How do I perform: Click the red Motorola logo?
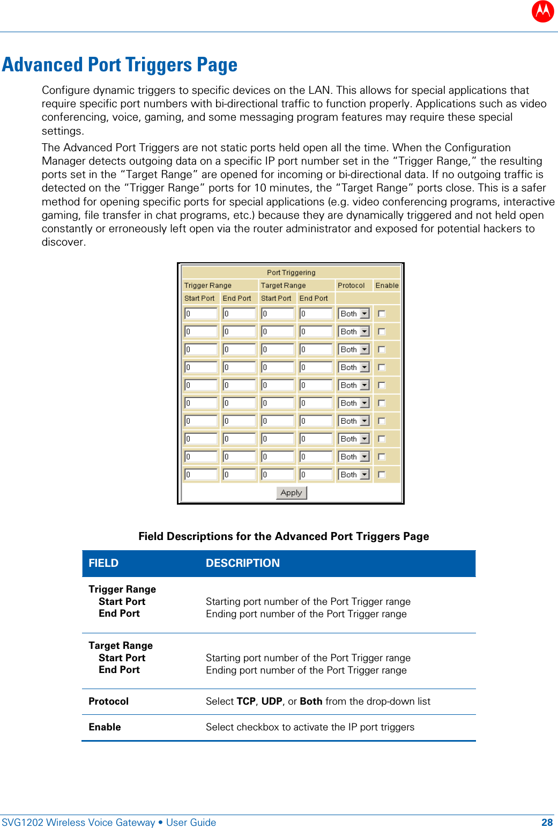click(x=542, y=11)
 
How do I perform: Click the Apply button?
click(x=291, y=493)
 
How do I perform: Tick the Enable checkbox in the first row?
click(x=382, y=314)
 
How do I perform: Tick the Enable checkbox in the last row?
click(x=382, y=475)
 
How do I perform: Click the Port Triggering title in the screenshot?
click(x=291, y=272)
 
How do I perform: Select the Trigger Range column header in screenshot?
click(x=208, y=285)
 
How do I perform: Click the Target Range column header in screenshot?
click(x=284, y=285)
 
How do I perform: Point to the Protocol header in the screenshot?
click(x=351, y=285)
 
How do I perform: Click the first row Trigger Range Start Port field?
click(x=201, y=314)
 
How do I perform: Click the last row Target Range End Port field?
click(x=316, y=475)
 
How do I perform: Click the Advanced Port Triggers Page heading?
click(x=120, y=65)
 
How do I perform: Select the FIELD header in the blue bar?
click(x=103, y=563)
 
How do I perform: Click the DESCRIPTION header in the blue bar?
click(x=243, y=563)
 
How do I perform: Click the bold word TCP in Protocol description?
click(x=246, y=701)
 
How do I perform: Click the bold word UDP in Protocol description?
click(x=272, y=701)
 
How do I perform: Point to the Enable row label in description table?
click(x=105, y=727)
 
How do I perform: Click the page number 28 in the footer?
click(x=547, y=823)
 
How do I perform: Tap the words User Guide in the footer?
click(x=191, y=823)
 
